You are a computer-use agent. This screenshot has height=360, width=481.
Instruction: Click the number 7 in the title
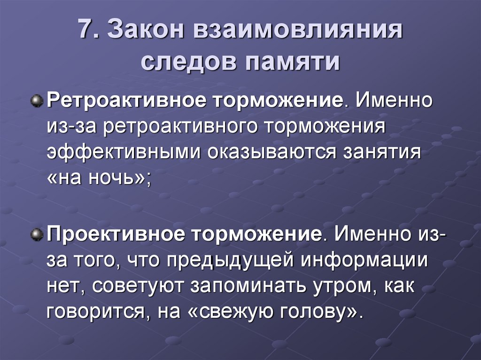tap(85, 31)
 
